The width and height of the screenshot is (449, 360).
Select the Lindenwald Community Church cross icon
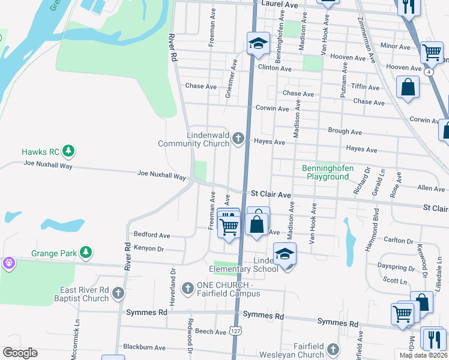pos(238,140)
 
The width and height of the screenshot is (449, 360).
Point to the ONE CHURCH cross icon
pos(188,289)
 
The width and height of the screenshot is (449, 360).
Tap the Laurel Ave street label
pos(282,4)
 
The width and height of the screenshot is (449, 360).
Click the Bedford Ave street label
pos(152,235)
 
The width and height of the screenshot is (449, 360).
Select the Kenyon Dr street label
pos(149,248)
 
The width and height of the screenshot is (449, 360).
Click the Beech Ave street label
pos(210,331)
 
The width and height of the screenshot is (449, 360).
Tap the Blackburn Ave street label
pos(143,347)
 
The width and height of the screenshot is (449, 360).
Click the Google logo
pos(20,353)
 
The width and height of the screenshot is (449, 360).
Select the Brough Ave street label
pos(345,131)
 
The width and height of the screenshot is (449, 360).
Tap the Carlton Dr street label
pos(399,241)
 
